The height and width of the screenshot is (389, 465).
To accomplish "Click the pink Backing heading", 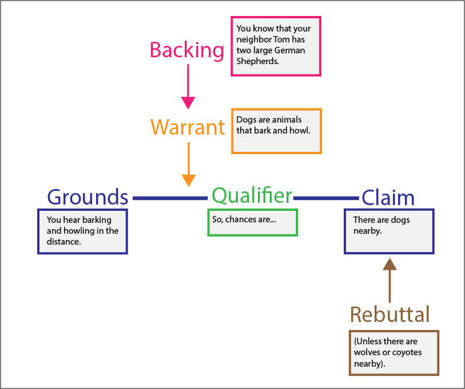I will (x=187, y=50).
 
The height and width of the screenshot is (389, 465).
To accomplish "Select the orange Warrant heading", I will (x=188, y=127).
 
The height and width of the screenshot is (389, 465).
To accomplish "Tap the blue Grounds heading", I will (x=88, y=197).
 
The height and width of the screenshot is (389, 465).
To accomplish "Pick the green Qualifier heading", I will (x=252, y=196).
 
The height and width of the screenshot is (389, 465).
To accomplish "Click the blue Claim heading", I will (x=388, y=198).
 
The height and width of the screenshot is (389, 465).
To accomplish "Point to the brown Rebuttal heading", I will (x=390, y=315).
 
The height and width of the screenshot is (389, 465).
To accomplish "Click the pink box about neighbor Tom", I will (x=276, y=46).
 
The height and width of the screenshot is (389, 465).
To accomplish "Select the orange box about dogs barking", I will (x=276, y=131).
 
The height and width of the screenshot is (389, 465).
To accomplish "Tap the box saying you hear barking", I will (x=82, y=231).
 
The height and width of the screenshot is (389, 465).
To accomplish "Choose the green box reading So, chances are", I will (x=252, y=222).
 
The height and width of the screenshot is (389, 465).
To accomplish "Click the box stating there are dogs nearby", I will (x=388, y=231).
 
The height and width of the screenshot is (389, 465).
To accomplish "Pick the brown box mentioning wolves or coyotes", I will (x=394, y=352).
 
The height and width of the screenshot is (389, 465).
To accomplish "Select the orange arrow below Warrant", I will (x=188, y=163).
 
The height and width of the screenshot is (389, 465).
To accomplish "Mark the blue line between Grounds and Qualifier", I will (x=169, y=198).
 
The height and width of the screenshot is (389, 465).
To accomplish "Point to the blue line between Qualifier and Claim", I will (x=326, y=198).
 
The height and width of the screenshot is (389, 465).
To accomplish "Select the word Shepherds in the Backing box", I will (x=257, y=61).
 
